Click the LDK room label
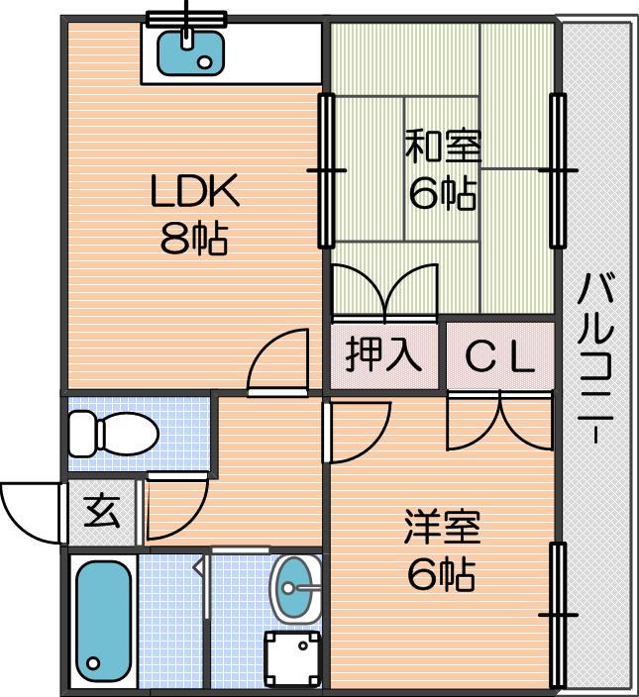[194, 192]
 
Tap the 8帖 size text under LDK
[194, 239]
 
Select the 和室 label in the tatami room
[443, 148]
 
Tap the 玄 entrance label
[101, 512]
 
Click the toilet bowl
[114, 433]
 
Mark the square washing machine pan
[293, 654]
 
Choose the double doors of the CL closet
[499, 420]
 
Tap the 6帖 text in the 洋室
[442, 573]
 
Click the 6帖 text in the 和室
[443, 193]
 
